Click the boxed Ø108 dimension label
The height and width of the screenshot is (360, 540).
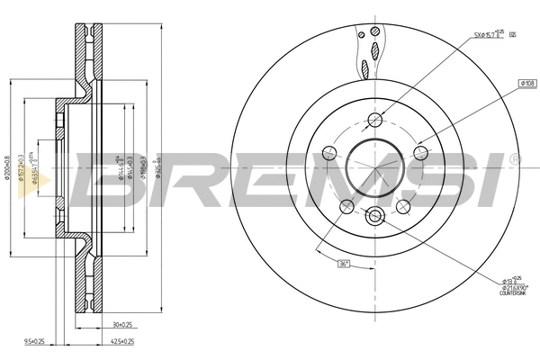(x=526, y=83)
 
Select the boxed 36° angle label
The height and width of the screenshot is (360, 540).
(x=343, y=263)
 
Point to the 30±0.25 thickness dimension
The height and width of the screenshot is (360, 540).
(x=121, y=325)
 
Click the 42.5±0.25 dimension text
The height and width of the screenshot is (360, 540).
(x=123, y=342)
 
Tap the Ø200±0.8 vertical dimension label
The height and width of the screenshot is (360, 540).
(x=8, y=166)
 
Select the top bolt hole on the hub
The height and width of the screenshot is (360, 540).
(x=376, y=121)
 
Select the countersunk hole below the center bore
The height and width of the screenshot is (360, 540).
(x=376, y=215)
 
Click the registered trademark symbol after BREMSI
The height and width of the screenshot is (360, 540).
(x=515, y=159)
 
